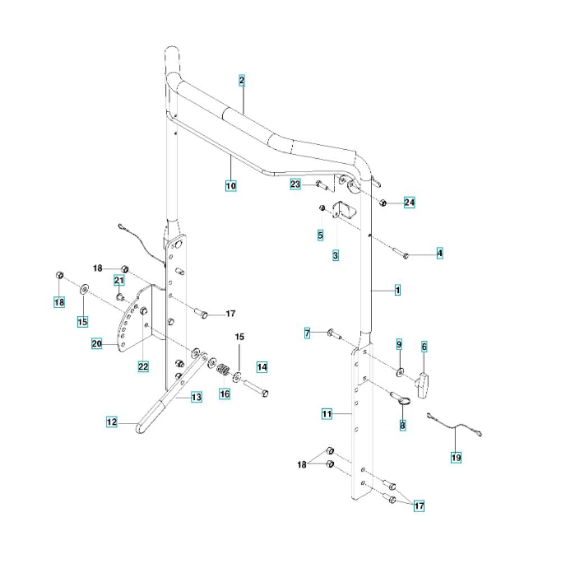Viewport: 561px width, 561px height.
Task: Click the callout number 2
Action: tap(242, 81)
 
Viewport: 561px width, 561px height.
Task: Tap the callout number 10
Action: tap(231, 185)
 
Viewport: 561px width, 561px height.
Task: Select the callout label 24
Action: tap(410, 203)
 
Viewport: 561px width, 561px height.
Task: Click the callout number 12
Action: tap(112, 422)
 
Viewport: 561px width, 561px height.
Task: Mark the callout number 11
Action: tap(327, 414)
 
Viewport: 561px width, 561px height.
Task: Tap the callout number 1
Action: tap(397, 291)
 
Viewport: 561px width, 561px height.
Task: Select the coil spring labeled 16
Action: tap(223, 371)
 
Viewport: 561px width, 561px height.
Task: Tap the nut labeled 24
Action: tap(384, 203)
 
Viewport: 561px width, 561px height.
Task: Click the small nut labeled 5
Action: tap(322, 209)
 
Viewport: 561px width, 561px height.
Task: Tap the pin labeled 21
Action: tap(119, 296)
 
